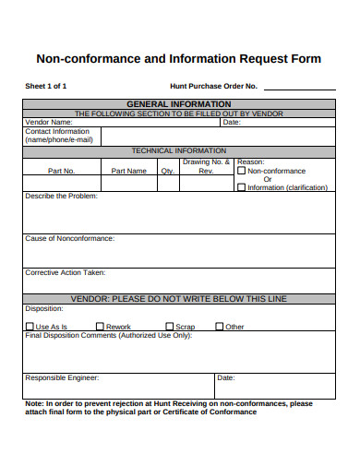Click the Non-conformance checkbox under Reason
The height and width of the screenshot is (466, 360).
[x=242, y=171]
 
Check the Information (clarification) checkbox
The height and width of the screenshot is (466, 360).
[x=242, y=187]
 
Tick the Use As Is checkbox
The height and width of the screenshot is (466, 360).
[x=30, y=327]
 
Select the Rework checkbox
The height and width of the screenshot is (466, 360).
[x=101, y=327]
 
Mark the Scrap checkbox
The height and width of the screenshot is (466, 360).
[x=170, y=327]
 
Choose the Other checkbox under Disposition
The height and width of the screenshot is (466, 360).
[x=220, y=327]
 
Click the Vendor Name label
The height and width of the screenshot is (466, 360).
[x=48, y=122]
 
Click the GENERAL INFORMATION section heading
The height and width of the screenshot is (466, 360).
[x=179, y=104]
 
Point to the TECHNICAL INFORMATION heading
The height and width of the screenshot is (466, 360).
[x=179, y=150]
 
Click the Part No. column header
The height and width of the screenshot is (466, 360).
[x=62, y=171]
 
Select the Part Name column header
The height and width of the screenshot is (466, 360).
[x=128, y=171]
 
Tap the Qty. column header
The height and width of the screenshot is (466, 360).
[x=167, y=171]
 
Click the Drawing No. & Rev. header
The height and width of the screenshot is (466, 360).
[x=206, y=166]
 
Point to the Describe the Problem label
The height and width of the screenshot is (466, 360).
[x=61, y=197]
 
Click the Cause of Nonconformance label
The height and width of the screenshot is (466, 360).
[x=69, y=238]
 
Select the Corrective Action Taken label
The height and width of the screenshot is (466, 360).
[x=65, y=272]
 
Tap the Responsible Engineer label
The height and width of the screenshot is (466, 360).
[x=62, y=377]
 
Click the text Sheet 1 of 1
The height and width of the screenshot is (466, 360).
[x=45, y=86]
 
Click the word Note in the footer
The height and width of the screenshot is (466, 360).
[x=33, y=403]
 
